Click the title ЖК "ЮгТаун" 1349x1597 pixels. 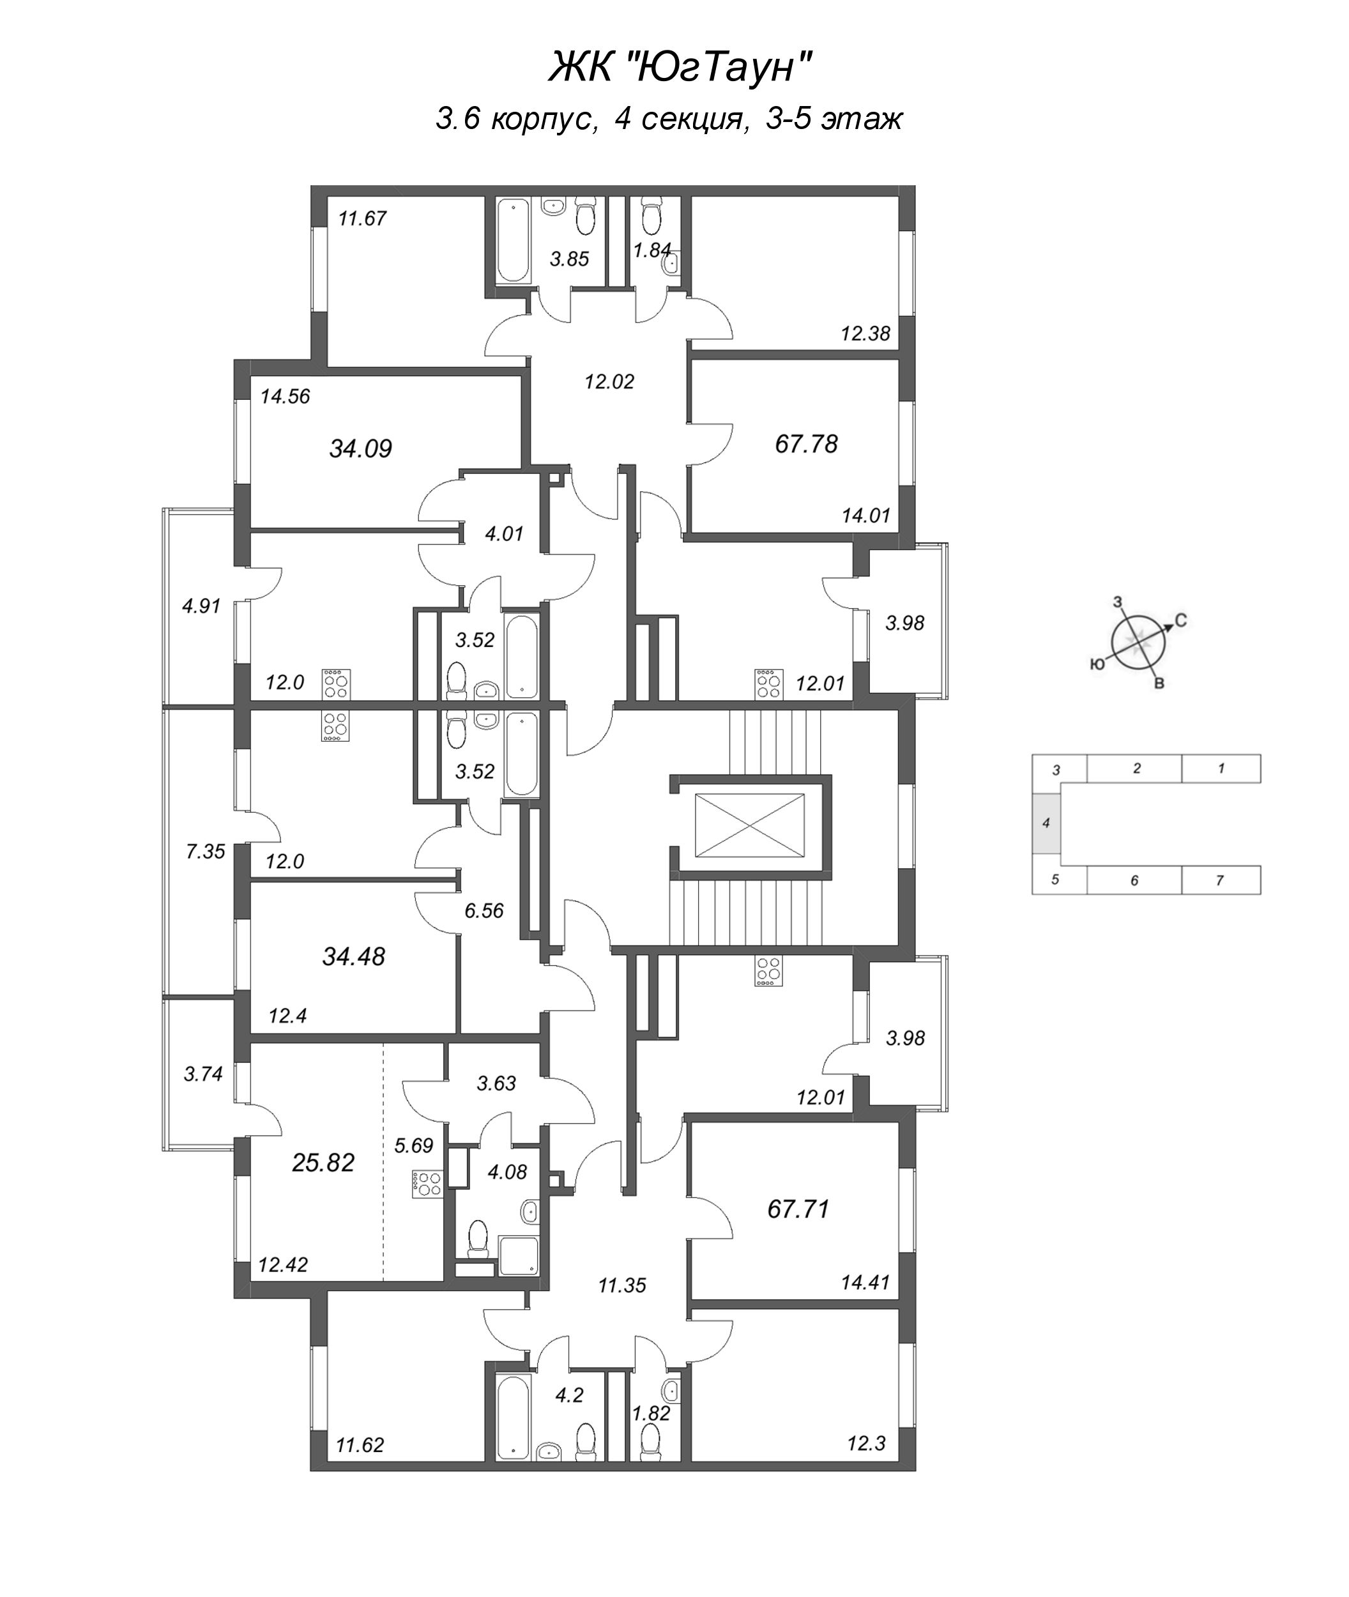click(x=680, y=69)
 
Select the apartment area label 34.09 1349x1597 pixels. click(x=360, y=448)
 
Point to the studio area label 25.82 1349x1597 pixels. click(x=323, y=1163)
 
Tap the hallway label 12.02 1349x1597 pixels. click(x=609, y=381)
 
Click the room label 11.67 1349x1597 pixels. click(x=363, y=218)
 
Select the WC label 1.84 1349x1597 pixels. click(x=652, y=250)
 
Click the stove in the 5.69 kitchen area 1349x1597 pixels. click(x=427, y=1183)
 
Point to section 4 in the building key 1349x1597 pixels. click(x=1046, y=824)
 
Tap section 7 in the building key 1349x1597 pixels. click(x=1220, y=880)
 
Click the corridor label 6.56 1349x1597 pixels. click(x=484, y=910)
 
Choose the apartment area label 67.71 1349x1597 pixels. click(x=798, y=1209)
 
